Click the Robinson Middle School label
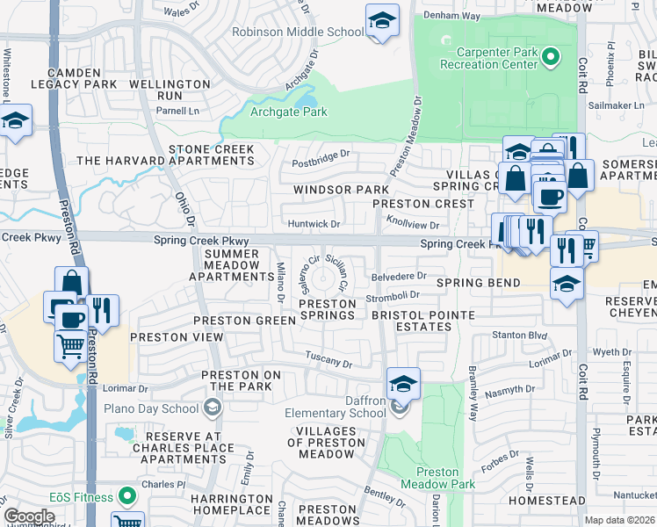[297, 32]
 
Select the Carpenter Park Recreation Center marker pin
[551, 58]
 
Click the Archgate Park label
[288, 112]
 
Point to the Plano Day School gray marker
[212, 408]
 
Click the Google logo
[29, 516]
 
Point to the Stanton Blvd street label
[516, 335]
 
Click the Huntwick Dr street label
[313, 225]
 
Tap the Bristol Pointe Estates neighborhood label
[422, 321]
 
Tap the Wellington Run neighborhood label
[170, 90]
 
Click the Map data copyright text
[620, 520]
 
